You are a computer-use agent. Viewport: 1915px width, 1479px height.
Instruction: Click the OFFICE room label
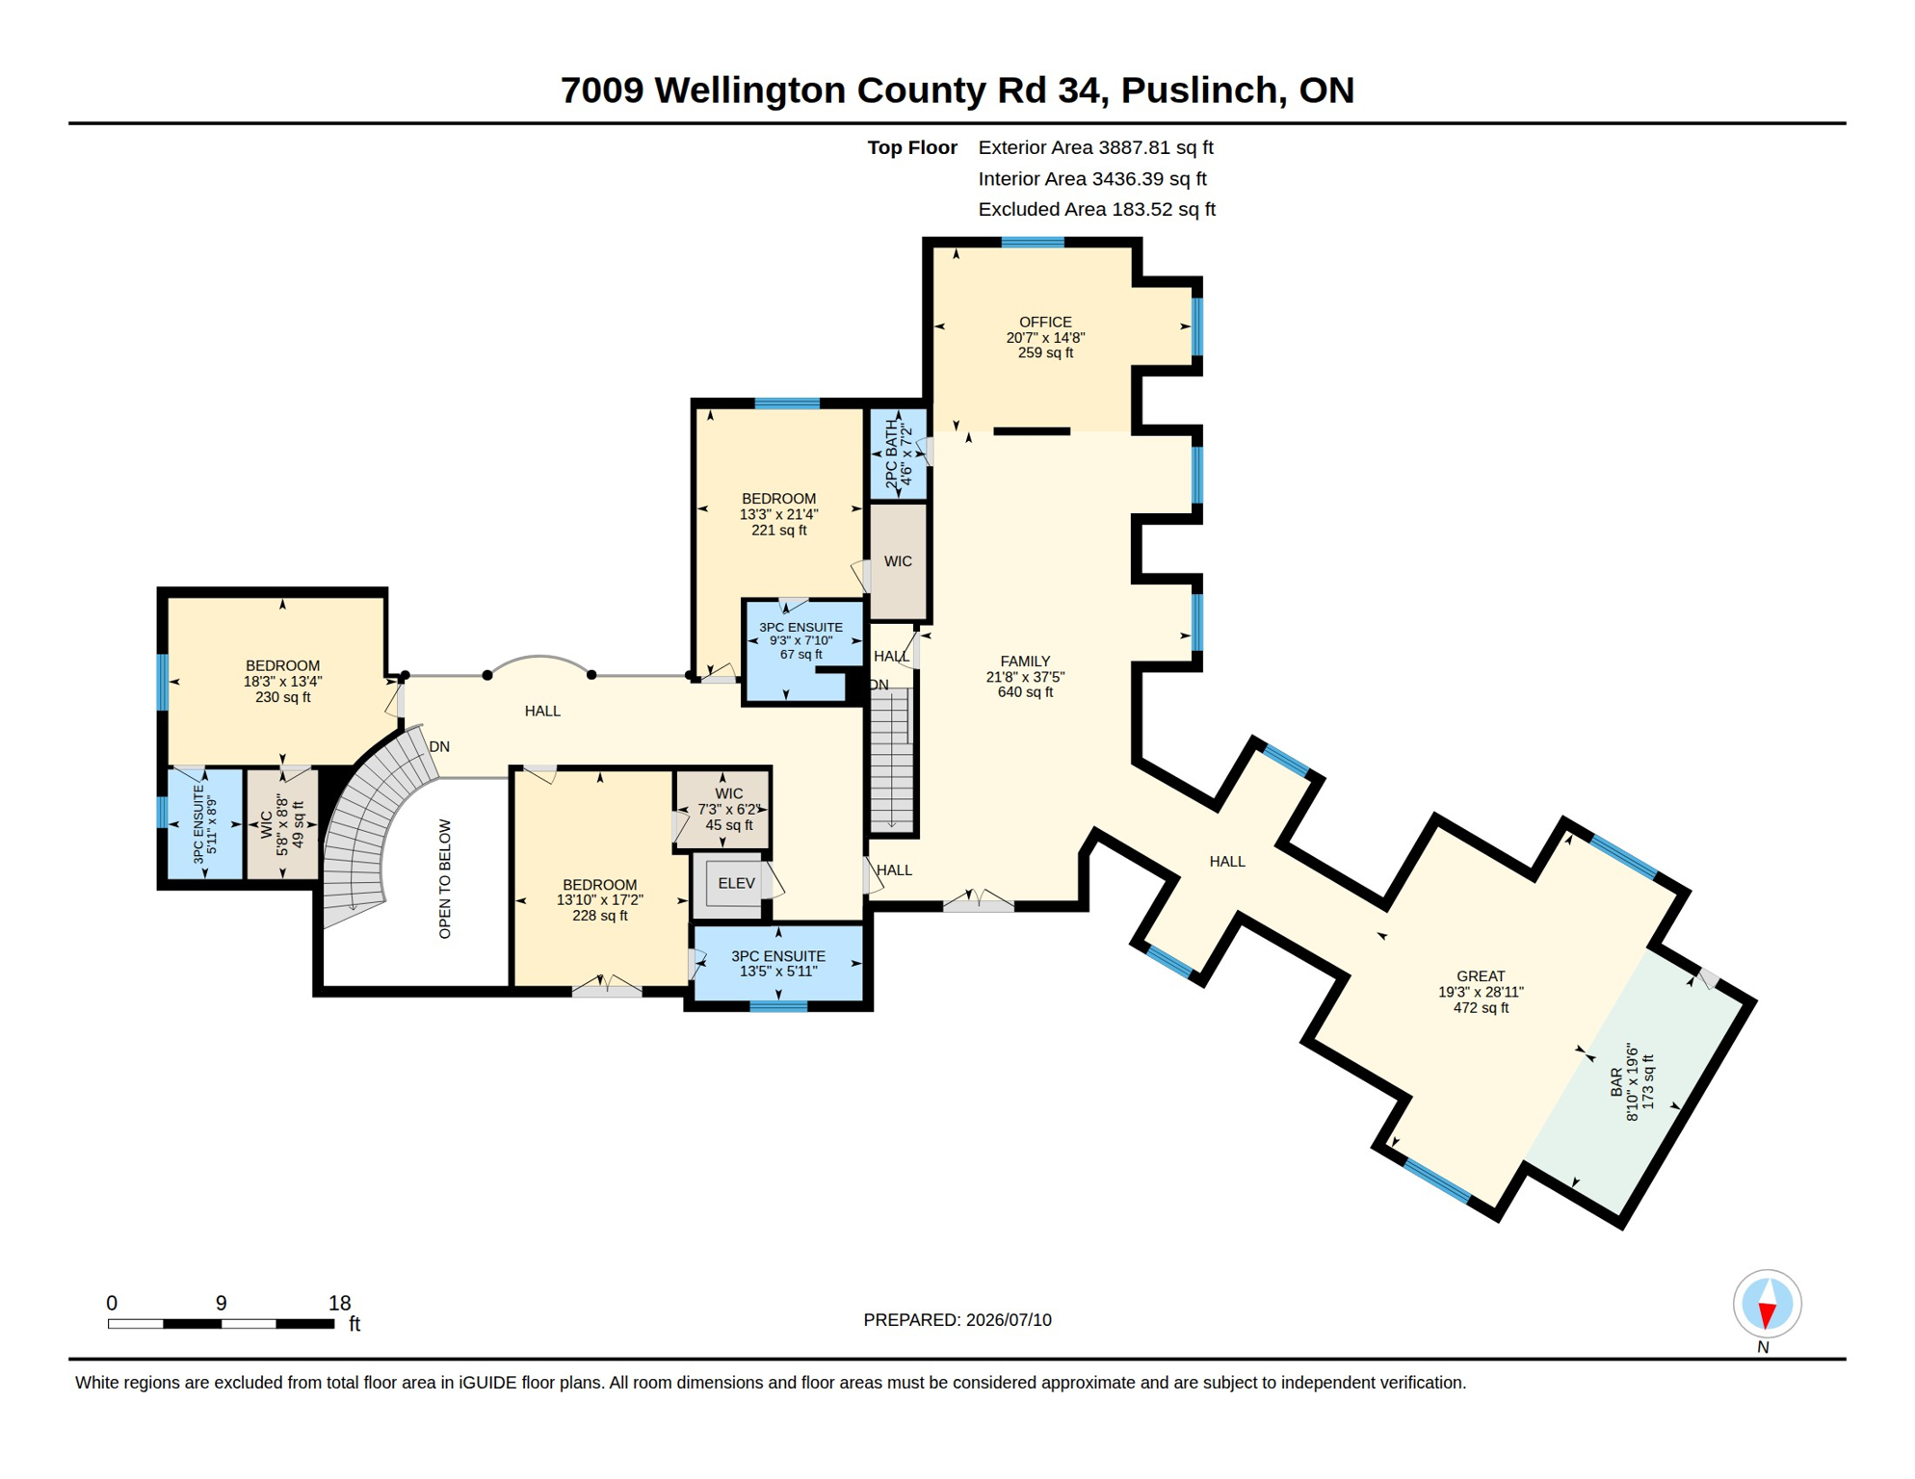pyautogui.click(x=1045, y=322)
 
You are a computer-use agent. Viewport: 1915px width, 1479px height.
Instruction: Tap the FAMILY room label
pyautogui.click(x=1025, y=661)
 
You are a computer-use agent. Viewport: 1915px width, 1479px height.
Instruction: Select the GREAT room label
pyautogui.click(x=1481, y=975)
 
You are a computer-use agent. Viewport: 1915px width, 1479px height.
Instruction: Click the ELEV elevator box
pyautogui.click(x=737, y=883)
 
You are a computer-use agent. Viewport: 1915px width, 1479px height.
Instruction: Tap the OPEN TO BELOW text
pyautogui.click(x=444, y=878)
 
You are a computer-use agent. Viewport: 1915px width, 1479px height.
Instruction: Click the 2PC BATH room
pyautogui.click(x=899, y=454)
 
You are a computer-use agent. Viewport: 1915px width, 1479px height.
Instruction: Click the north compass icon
pyautogui.click(x=1767, y=1304)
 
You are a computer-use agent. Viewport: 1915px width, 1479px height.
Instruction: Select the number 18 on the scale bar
pyautogui.click(x=339, y=1303)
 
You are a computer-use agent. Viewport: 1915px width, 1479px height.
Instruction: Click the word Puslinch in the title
pyautogui.click(x=1202, y=90)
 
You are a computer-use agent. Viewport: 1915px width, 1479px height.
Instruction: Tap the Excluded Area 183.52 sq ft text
pyautogui.click(x=1096, y=209)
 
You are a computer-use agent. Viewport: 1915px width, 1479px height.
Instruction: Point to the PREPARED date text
pyautogui.click(x=957, y=1319)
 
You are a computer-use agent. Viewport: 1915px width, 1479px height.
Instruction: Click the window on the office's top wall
pyautogui.click(x=1033, y=243)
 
